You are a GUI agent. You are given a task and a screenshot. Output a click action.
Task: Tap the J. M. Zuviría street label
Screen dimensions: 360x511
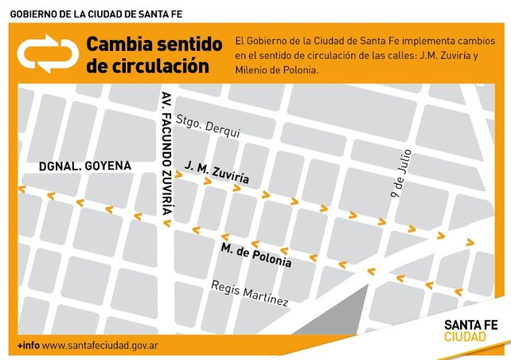tap(216, 172)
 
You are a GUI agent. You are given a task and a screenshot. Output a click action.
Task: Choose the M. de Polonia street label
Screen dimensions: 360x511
tap(256, 256)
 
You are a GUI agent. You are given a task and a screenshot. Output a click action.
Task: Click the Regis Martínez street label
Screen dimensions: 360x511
tap(249, 293)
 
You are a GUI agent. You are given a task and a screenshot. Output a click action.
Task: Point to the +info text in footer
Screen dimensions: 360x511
tap(29, 346)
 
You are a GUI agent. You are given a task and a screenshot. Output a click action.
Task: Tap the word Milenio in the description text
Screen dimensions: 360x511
tap(251, 70)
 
